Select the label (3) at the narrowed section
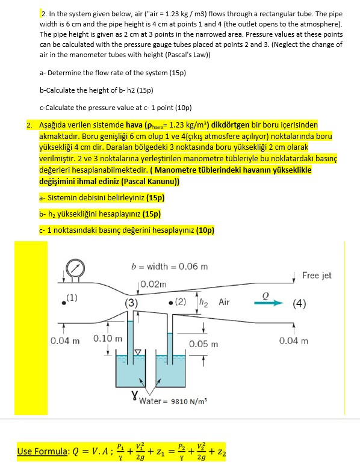tap(132, 303)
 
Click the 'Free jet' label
tap(317, 275)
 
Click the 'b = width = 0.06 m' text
tap(169, 266)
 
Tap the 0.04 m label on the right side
tap(294, 340)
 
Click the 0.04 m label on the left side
tap(64, 340)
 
